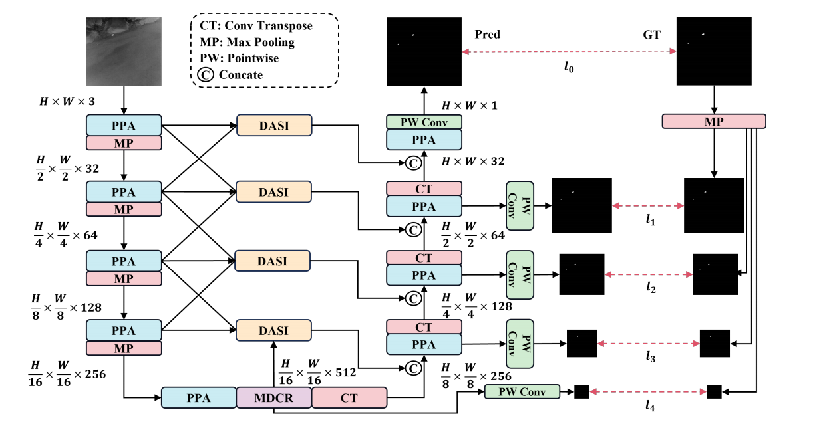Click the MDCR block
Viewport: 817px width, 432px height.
pos(273,398)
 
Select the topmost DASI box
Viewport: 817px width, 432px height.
pos(273,124)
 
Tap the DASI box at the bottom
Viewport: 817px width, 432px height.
pos(273,330)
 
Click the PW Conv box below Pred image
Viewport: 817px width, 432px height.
pos(424,122)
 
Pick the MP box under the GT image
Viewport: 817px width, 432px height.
pos(714,122)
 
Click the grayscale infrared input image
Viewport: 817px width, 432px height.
pos(124,51)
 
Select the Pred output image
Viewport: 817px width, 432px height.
pos(424,51)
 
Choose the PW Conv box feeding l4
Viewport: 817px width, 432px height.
pos(522,392)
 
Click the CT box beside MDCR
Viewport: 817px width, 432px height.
pos(349,398)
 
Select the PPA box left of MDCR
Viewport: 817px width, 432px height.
pos(198,398)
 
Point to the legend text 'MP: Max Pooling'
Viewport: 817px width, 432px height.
pos(247,42)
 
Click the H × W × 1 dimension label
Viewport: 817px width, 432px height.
pos(469,106)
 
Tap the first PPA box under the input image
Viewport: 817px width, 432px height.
pos(124,124)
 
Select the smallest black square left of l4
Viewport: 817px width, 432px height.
pos(581,392)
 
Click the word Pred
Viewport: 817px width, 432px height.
pos(488,34)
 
